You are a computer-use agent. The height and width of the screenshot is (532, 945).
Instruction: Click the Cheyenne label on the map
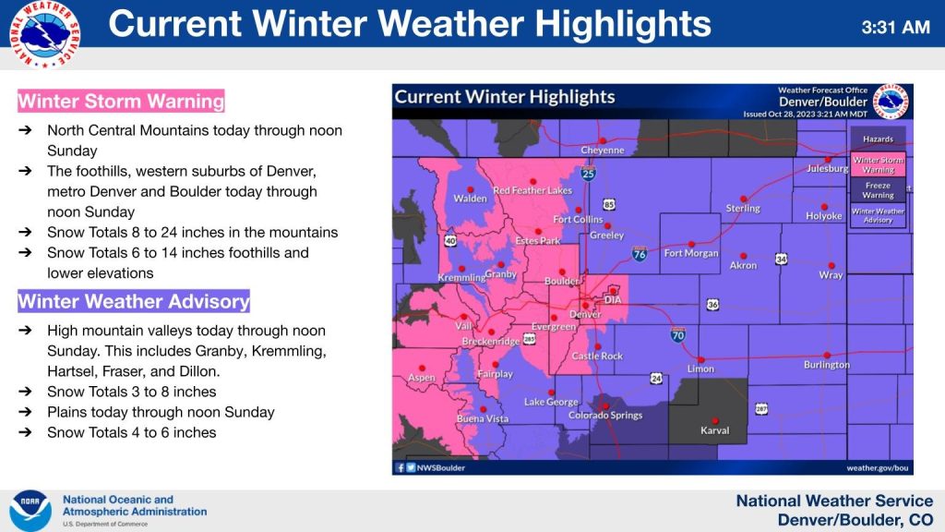pyautogui.click(x=602, y=151)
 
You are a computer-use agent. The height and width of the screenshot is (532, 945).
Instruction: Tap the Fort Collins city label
pyautogui.click(x=578, y=220)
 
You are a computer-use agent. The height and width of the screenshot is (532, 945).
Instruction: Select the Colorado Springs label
pyautogui.click(x=604, y=416)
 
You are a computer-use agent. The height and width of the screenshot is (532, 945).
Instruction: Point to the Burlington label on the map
pyautogui.click(x=826, y=365)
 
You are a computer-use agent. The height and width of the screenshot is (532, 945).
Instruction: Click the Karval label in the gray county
pyautogui.click(x=714, y=430)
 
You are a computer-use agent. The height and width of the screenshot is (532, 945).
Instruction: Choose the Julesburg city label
pyautogui.click(x=827, y=169)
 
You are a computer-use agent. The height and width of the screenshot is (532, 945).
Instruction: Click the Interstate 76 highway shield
pyautogui.click(x=639, y=252)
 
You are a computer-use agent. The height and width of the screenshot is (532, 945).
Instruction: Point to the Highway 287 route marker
pyautogui.click(x=761, y=408)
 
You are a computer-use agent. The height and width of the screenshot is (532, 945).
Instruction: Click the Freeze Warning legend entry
pyautogui.click(x=878, y=190)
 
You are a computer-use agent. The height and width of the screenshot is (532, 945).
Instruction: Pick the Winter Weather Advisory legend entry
pyautogui.click(x=878, y=216)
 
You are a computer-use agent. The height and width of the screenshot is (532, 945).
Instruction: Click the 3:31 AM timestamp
pyautogui.click(x=895, y=28)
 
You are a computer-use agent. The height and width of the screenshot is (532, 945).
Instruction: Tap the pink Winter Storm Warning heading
pyautogui.click(x=121, y=101)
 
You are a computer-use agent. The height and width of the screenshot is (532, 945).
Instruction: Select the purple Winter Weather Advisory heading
pyautogui.click(x=134, y=301)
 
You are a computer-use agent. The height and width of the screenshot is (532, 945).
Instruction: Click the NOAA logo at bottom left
pyautogui.click(x=30, y=510)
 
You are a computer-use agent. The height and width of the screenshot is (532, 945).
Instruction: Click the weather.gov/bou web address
pyautogui.click(x=877, y=468)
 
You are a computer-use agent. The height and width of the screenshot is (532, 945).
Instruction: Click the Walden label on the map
pyautogui.click(x=470, y=199)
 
